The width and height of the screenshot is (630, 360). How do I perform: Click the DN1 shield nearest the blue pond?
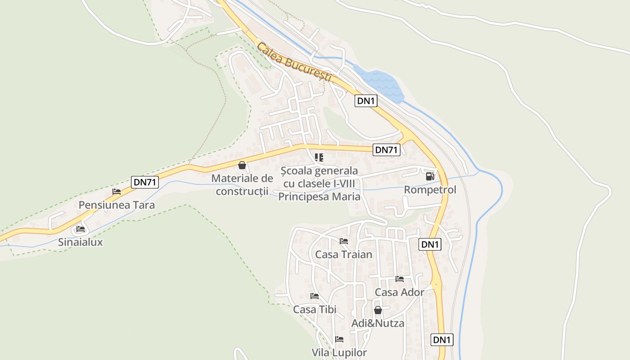pyautogui.click(x=365, y=101)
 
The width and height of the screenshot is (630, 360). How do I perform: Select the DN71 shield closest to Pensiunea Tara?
pyautogui.click(x=145, y=182)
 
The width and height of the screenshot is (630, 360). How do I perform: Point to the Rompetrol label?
pyautogui.click(x=430, y=190)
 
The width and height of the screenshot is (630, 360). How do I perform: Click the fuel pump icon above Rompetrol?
pyautogui.click(x=430, y=176)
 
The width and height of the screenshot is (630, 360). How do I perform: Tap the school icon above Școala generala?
pyautogui.click(x=319, y=157)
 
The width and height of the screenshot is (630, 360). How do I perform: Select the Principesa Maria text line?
pyautogui.click(x=319, y=197)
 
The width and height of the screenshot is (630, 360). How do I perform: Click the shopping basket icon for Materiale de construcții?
pyautogui.click(x=242, y=165)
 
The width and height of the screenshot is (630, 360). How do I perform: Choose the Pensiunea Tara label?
pyautogui.click(x=117, y=205)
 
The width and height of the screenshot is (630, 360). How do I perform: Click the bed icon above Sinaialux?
pyautogui.click(x=81, y=229)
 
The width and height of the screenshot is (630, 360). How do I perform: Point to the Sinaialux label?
pyautogui.click(x=81, y=242)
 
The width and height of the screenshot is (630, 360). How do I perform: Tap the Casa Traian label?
pyautogui.click(x=343, y=255)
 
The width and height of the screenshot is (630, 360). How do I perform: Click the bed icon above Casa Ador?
pyautogui.click(x=399, y=279)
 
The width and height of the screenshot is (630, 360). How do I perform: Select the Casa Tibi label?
pyautogui.click(x=315, y=310)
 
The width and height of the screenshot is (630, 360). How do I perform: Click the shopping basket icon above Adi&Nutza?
pyautogui.click(x=378, y=310)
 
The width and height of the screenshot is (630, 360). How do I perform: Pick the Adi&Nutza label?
pyautogui.click(x=378, y=323)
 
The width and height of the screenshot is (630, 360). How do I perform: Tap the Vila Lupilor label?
pyautogui.click(x=339, y=352)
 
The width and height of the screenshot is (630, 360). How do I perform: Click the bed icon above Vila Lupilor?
pyautogui.click(x=339, y=339)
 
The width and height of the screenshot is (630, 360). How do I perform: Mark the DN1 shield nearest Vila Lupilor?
pyautogui.click(x=442, y=340)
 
